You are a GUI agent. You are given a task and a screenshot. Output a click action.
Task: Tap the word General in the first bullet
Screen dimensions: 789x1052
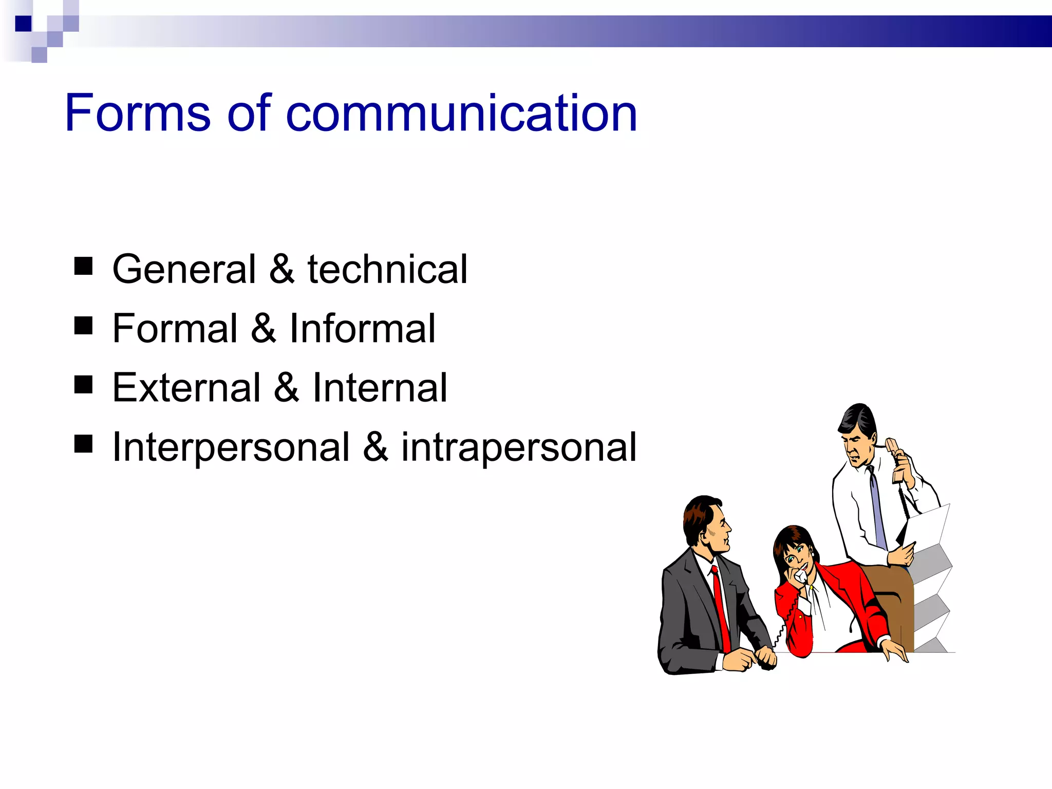tap(184, 269)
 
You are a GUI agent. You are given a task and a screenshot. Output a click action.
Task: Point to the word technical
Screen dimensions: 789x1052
tap(387, 269)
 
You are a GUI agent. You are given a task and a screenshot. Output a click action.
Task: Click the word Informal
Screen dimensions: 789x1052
tap(362, 328)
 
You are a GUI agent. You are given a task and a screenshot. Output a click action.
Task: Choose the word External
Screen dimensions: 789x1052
tap(186, 387)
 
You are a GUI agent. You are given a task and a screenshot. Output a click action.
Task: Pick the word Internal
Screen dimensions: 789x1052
tap(380, 387)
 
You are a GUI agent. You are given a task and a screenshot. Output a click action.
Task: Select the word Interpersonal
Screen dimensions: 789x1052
tap(231, 447)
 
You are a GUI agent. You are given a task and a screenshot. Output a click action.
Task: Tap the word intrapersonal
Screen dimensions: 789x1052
tap(519, 447)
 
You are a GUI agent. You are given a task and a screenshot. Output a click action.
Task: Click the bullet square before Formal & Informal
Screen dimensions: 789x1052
tap(83, 326)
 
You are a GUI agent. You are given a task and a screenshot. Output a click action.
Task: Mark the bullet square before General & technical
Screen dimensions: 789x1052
tap(83, 267)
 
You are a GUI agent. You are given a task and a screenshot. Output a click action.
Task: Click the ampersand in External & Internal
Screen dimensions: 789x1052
tap(287, 387)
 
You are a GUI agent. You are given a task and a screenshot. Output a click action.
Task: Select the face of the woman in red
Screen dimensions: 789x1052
tap(796, 557)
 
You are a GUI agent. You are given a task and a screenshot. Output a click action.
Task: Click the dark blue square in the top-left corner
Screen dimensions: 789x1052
tap(23, 24)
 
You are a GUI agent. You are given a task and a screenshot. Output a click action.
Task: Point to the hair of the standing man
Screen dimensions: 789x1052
tap(858, 419)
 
